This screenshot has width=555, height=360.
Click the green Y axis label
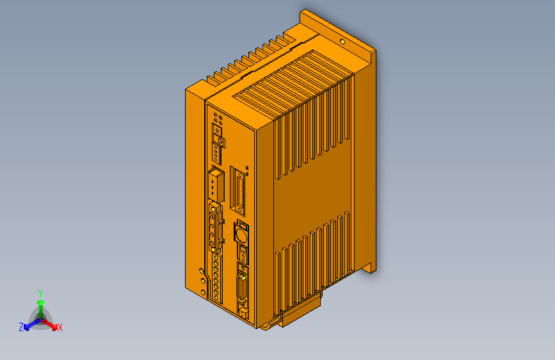point(40,292)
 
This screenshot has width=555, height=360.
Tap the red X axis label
point(60,327)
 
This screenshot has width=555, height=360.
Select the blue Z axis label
point(21,327)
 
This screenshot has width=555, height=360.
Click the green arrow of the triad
point(40,304)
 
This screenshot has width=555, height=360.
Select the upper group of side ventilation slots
point(314,128)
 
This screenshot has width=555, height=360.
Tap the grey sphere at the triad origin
point(40,319)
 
